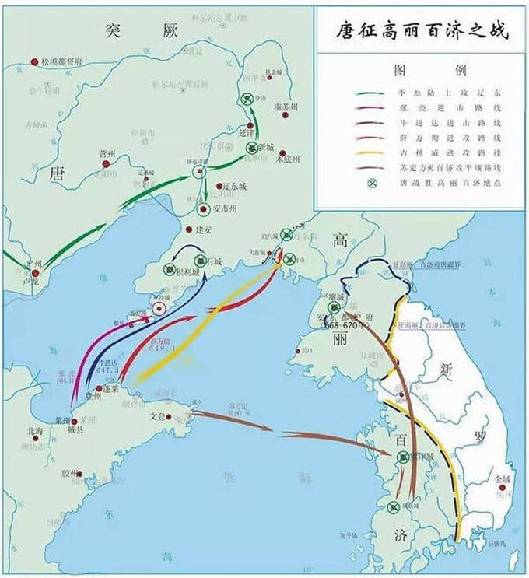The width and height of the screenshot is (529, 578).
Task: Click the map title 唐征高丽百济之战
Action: tap(421, 33)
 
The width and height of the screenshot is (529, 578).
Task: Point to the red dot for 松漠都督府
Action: tap(34, 61)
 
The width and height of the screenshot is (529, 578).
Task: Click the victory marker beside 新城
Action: tap(251, 148)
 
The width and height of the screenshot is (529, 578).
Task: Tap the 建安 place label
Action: tap(203, 229)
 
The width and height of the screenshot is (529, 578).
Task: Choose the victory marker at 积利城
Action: tap(169, 268)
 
